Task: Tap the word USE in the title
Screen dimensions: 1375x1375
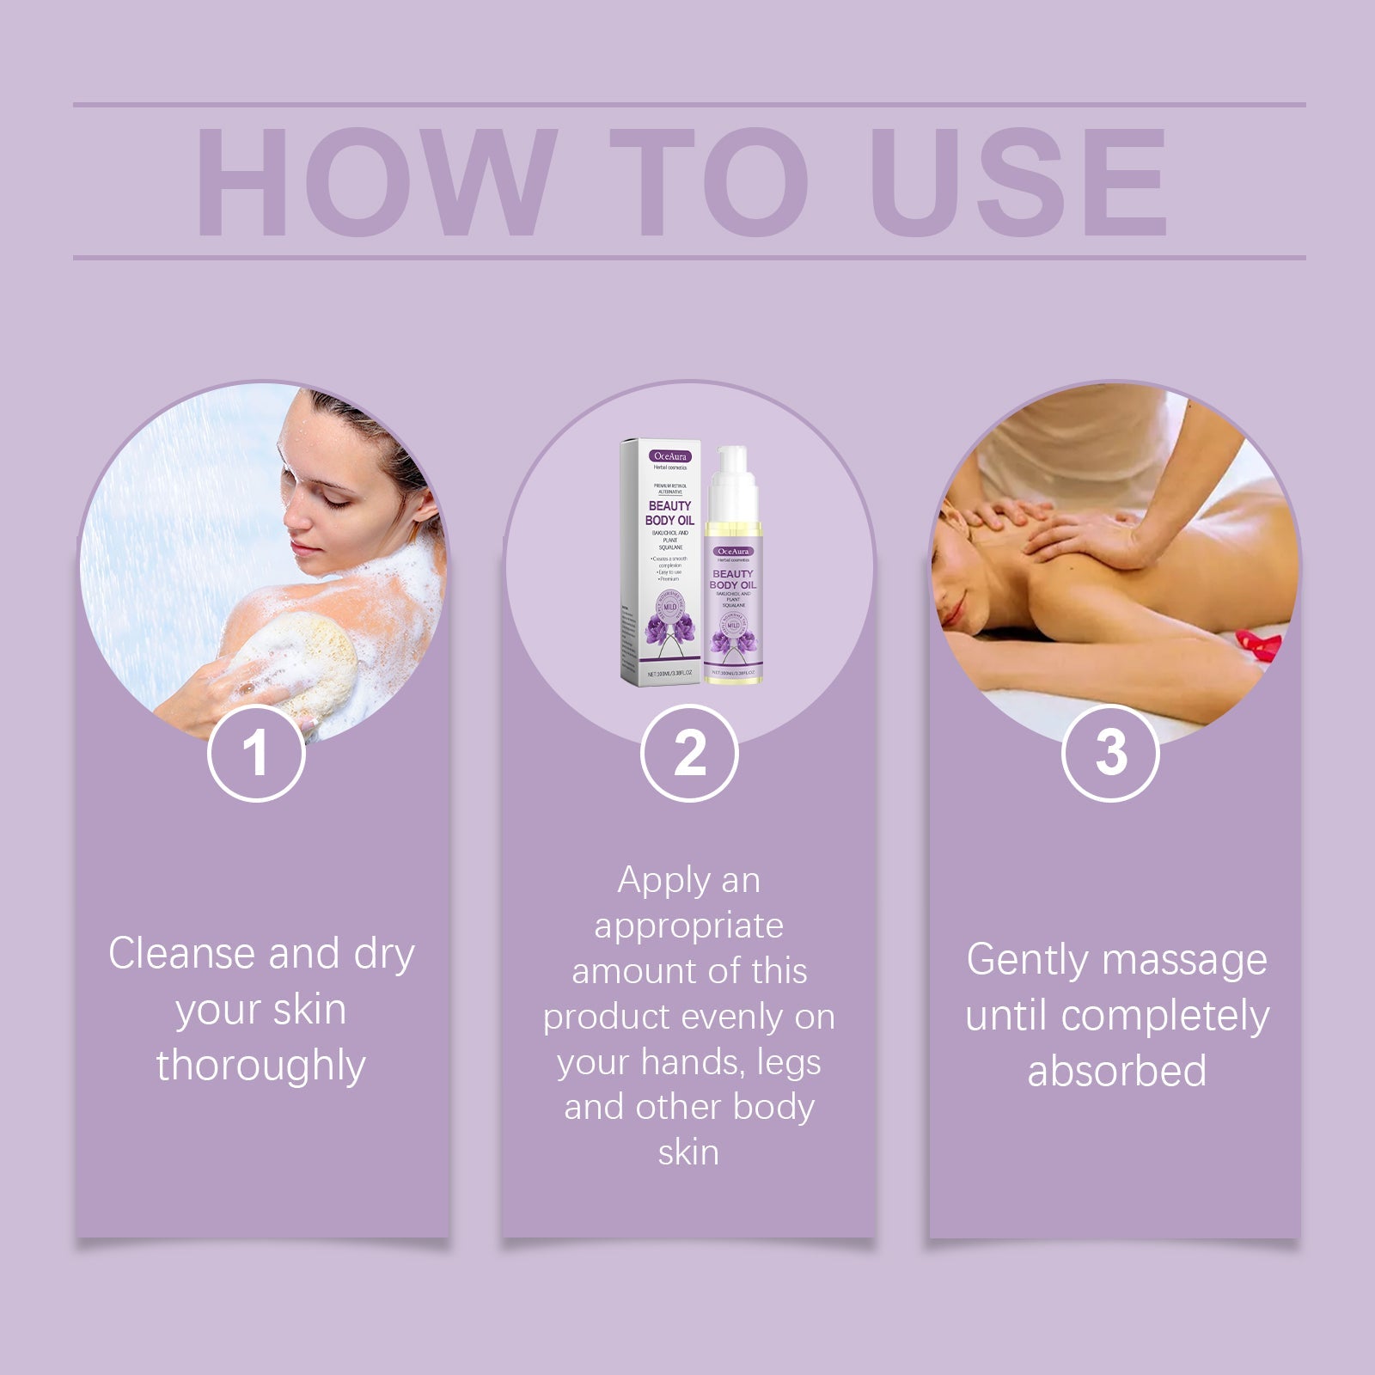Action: [x=1017, y=182]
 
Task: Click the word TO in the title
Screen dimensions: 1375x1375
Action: [x=709, y=182]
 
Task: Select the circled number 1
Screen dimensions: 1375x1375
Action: [x=256, y=754]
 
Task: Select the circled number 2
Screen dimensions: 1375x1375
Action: [x=689, y=754]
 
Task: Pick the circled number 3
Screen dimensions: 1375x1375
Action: [x=1110, y=754]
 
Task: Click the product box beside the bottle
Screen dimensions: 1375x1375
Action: [x=660, y=563]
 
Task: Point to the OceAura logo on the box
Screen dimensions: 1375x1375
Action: [x=670, y=456]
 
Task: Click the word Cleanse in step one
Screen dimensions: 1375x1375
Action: [x=181, y=955]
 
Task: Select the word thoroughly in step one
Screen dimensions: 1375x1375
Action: [x=260, y=1066]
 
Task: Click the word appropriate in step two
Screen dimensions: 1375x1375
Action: [x=688, y=926]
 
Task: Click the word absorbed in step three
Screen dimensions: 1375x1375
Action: [x=1116, y=1072]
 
